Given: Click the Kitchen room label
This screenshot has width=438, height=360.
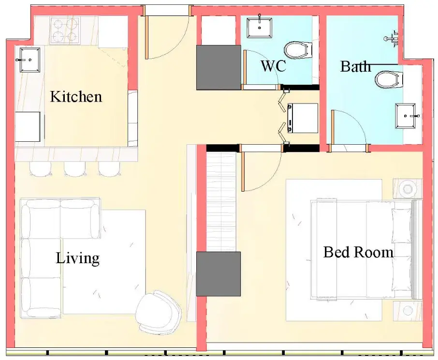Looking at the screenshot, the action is (x=76, y=96).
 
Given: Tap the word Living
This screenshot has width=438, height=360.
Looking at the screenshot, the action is (x=78, y=258).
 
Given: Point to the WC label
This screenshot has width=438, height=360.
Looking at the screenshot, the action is (x=274, y=66).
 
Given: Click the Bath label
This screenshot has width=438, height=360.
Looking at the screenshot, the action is (x=355, y=66).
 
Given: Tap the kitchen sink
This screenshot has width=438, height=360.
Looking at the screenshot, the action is (x=29, y=60).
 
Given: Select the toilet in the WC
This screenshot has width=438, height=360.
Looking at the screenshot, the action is (x=298, y=50).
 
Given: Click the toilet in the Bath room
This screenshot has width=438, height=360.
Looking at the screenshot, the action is (x=389, y=79).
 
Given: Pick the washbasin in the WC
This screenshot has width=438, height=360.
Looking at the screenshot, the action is (x=260, y=27).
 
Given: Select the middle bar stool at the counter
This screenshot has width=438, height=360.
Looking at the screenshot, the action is (x=75, y=169).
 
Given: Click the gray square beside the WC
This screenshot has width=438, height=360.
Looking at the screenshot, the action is (x=219, y=67).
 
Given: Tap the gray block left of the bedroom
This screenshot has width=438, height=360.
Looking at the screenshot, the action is (x=219, y=274).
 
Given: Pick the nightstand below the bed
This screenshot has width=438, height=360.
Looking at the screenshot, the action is (x=408, y=311).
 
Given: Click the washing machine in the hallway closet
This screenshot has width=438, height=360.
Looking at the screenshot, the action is (x=303, y=118).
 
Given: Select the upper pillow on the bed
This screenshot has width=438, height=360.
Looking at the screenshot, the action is (x=402, y=226).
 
